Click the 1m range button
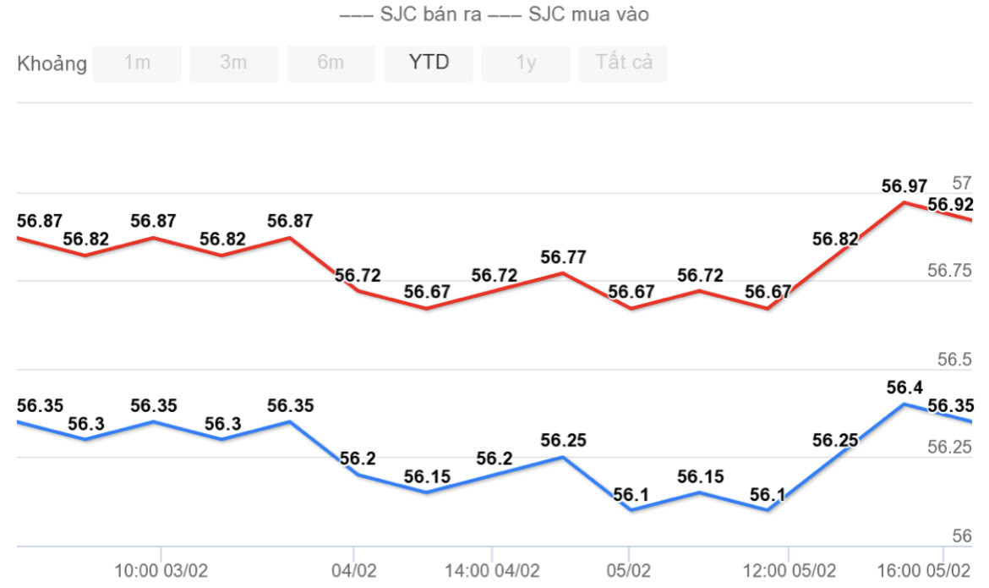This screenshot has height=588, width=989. (137, 63)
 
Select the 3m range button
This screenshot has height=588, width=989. (234, 63)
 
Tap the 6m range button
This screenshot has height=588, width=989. (331, 63)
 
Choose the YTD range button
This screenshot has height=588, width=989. (429, 63)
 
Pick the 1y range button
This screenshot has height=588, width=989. (526, 63)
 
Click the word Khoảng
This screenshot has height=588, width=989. (52, 64)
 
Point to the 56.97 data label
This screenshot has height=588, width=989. (904, 186)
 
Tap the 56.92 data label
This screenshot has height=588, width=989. (950, 205)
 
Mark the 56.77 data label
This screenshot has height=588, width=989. (564, 257)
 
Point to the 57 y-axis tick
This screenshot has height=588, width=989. (962, 183)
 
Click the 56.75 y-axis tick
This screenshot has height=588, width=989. (950, 271)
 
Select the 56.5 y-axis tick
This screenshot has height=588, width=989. (955, 360)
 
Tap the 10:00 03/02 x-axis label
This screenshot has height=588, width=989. (161, 571)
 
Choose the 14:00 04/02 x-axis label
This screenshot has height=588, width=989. (492, 571)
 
